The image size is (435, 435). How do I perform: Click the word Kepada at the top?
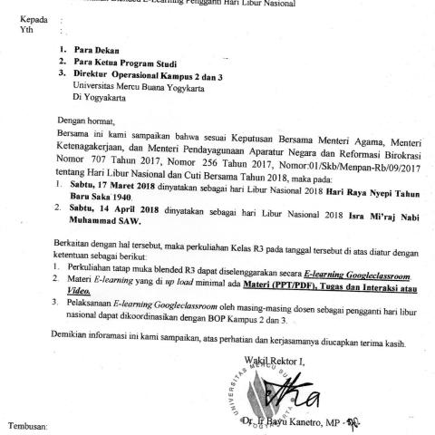pos(21,18)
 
